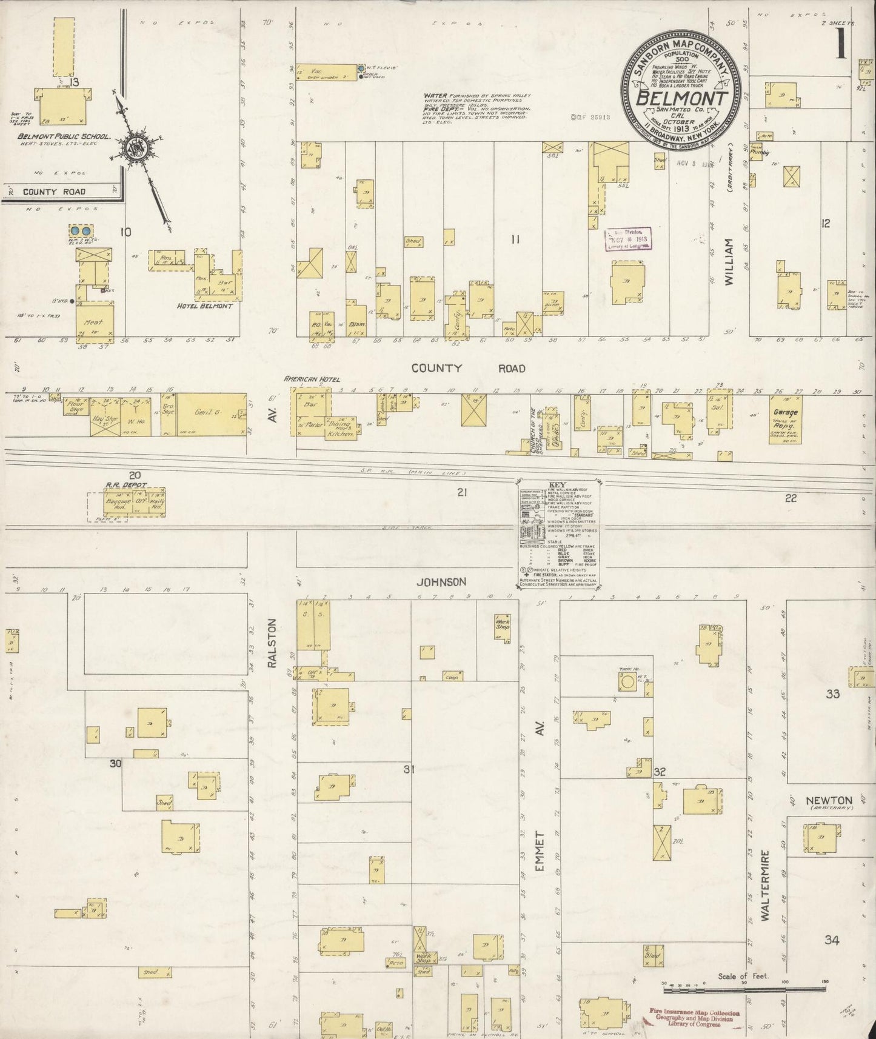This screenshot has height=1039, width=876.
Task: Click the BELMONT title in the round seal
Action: [x=681, y=98]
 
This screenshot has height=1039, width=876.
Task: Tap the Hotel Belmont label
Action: [x=205, y=306]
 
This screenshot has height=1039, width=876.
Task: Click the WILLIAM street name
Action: [x=730, y=262]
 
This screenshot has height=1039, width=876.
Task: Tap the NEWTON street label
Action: [x=829, y=800]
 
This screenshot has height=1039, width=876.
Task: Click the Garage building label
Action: [x=785, y=412]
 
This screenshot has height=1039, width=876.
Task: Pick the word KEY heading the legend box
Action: [x=556, y=485]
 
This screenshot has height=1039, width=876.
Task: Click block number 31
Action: [x=409, y=770]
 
